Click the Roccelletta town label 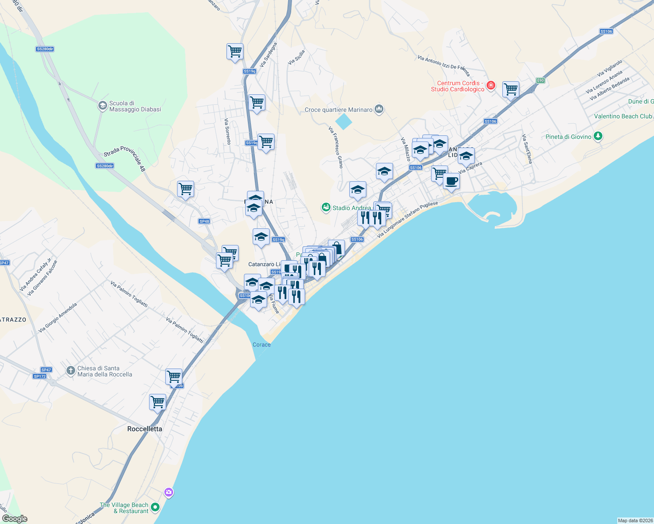[145, 429]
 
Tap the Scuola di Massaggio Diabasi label [135, 107]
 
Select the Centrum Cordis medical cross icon [491, 85]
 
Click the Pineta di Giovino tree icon [598, 136]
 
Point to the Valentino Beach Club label [623, 117]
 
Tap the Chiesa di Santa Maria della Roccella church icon [70, 371]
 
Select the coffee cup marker [451, 181]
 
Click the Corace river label [261, 345]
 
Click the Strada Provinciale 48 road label [125, 158]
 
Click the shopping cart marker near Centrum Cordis [511, 90]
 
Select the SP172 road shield [40, 376]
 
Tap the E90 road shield [541, 80]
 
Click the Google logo [14, 519]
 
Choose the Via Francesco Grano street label [336, 147]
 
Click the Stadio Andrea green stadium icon [326, 207]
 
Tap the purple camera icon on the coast [169, 493]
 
